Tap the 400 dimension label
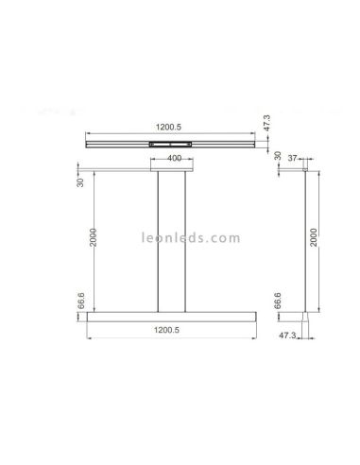(x=174, y=159)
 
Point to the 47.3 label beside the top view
(x=267, y=124)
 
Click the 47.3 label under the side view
(x=286, y=335)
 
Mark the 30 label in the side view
(x=278, y=157)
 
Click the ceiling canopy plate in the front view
(x=173, y=170)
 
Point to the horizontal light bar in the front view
(x=172, y=316)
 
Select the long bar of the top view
(x=113, y=143)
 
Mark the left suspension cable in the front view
(x=158, y=241)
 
